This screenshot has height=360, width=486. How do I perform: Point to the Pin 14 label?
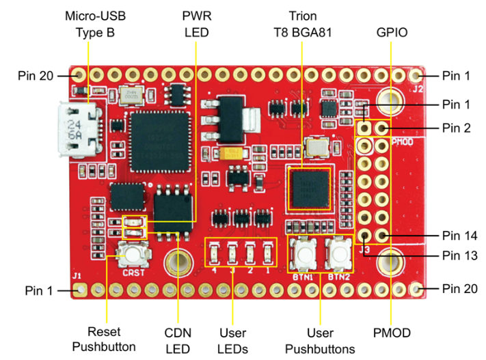[456, 236]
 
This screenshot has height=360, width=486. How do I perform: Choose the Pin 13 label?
[456, 255]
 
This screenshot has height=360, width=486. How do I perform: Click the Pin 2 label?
[456, 127]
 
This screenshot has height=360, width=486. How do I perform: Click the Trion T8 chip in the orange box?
[310, 186]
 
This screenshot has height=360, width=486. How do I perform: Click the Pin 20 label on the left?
[32, 75]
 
